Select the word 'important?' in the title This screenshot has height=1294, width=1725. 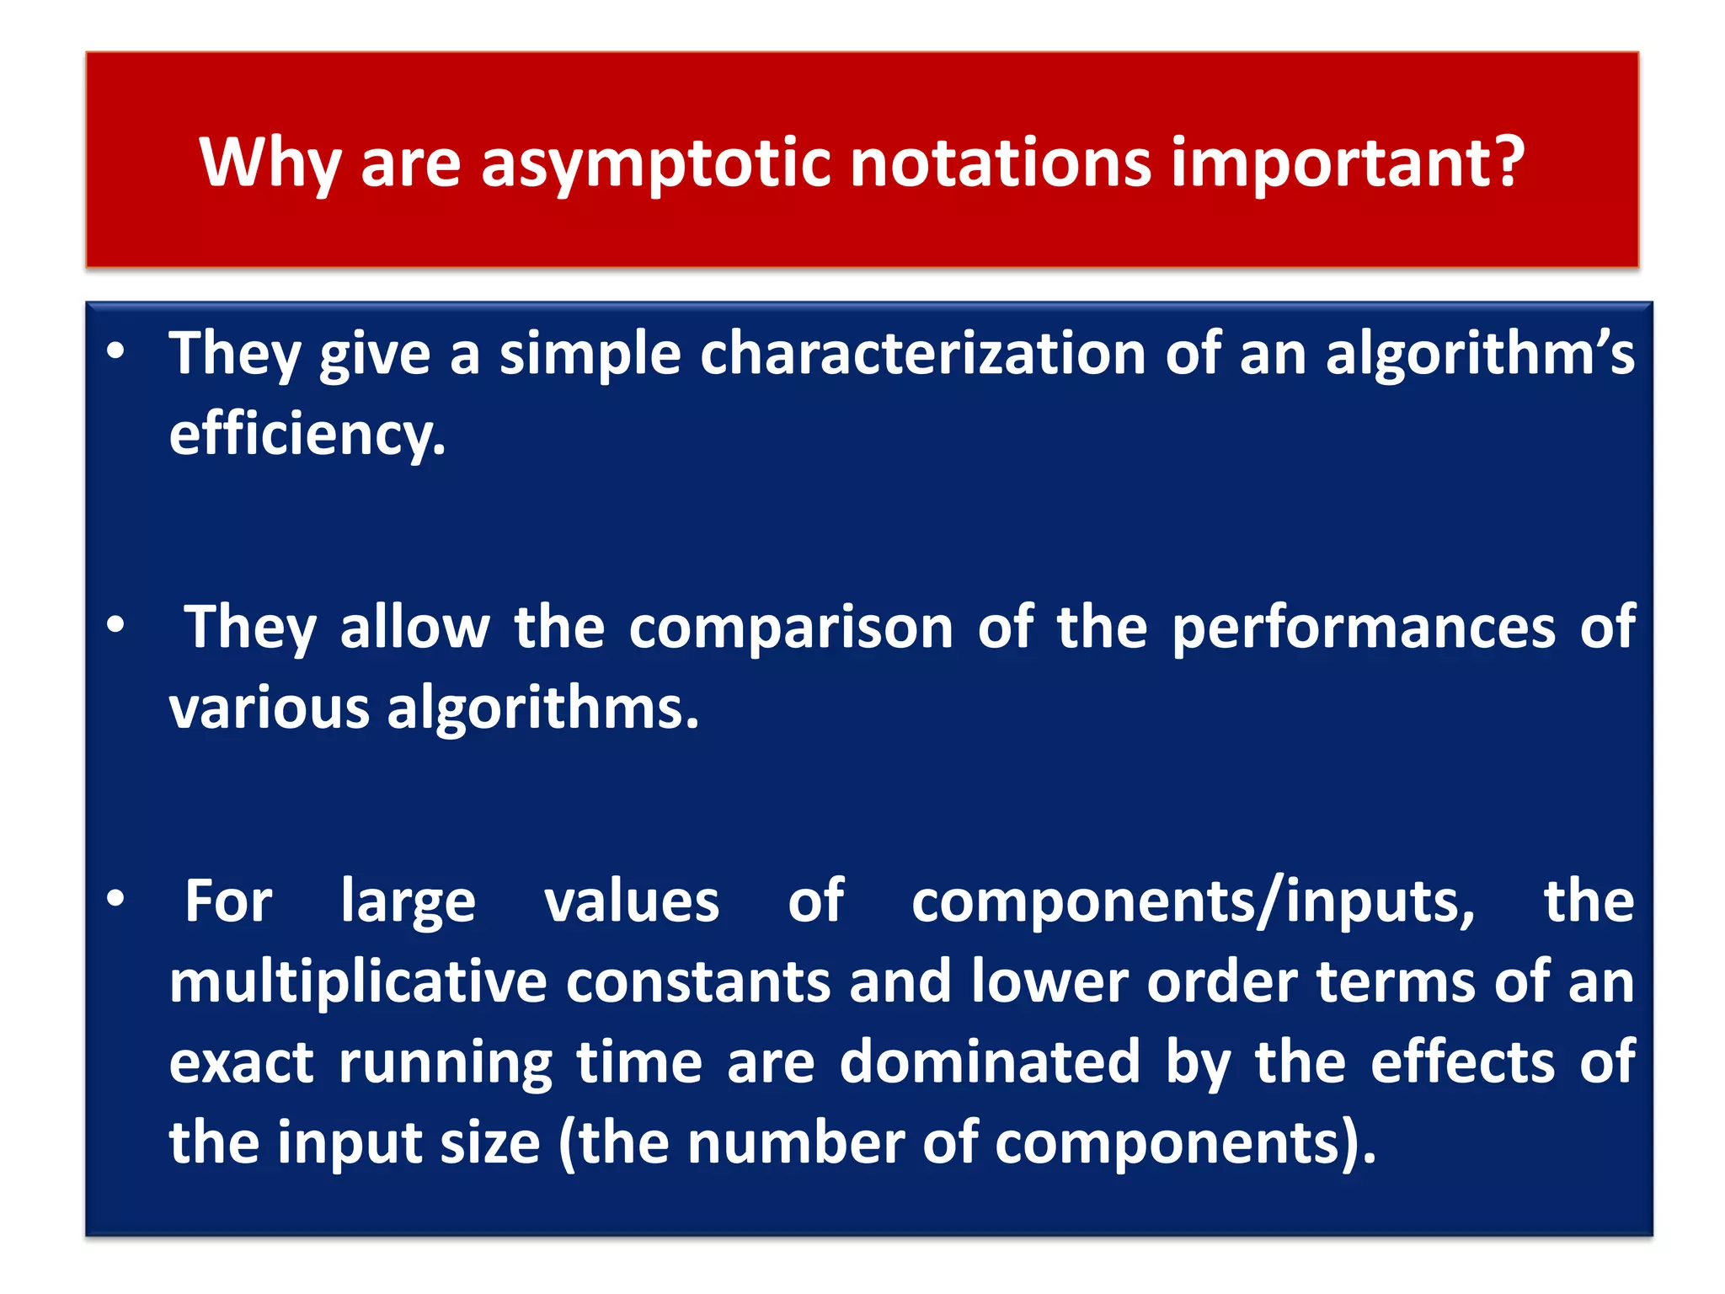1348,163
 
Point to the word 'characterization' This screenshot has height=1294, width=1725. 922,354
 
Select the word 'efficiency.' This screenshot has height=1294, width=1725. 307,435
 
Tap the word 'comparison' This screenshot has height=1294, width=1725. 791,628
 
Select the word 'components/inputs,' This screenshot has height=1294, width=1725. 1194,902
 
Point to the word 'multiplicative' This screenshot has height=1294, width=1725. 358,982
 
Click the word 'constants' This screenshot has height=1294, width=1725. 698,982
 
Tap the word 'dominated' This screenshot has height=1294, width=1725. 991,1062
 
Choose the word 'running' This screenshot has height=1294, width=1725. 446,1062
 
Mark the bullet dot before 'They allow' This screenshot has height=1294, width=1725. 116,625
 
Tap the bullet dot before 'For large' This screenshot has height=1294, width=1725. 116,899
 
